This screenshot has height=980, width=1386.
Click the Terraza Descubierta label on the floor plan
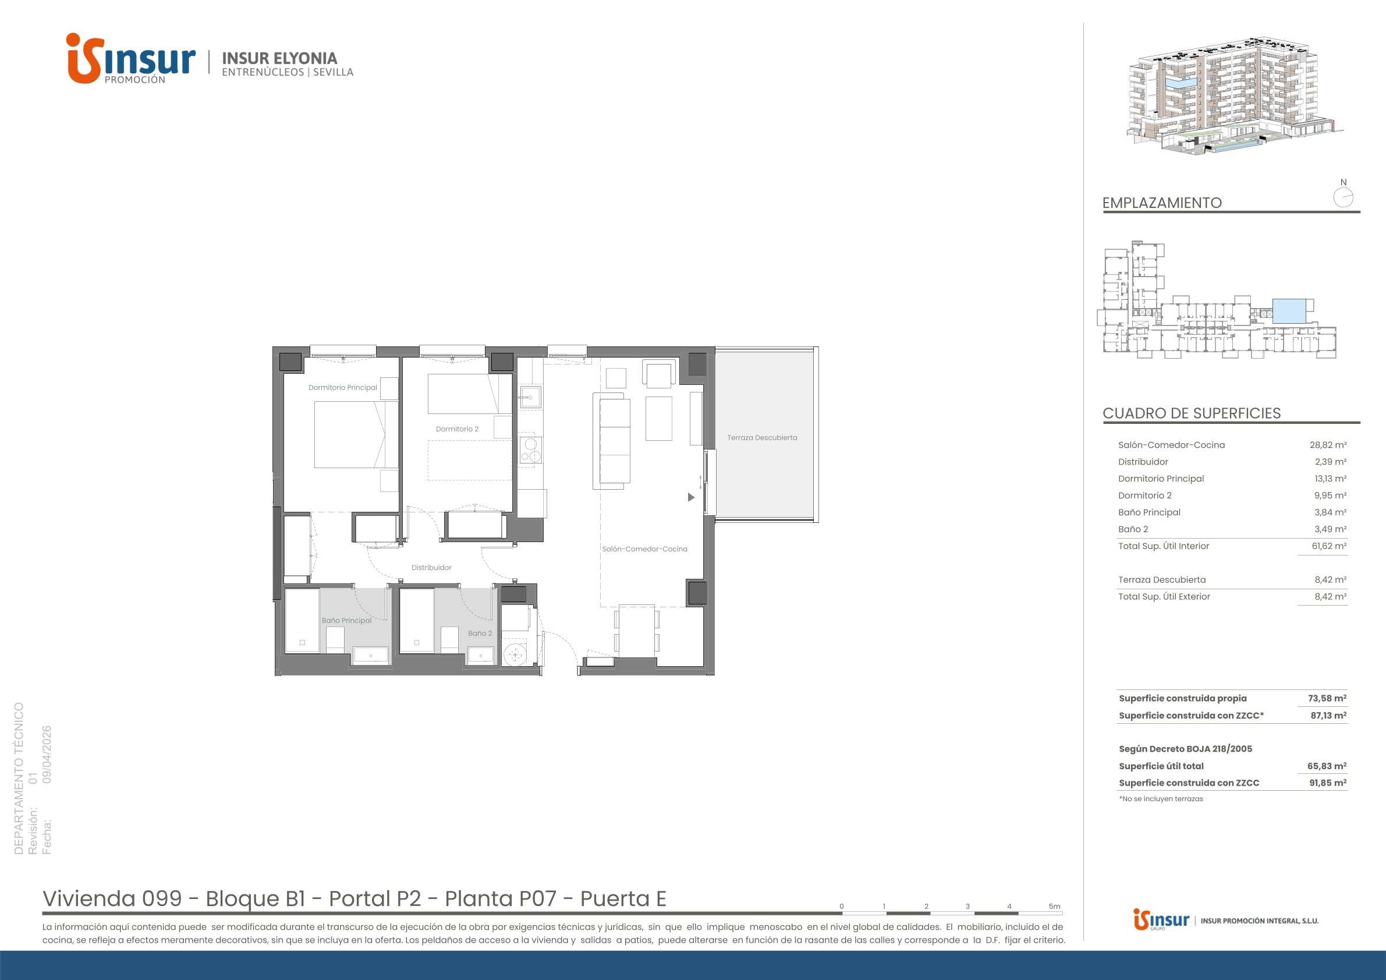[x=762, y=438]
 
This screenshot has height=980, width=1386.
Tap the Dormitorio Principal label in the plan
[x=343, y=388]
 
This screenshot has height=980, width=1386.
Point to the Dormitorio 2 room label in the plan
[x=457, y=429]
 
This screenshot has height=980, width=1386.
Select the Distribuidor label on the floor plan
[x=431, y=568]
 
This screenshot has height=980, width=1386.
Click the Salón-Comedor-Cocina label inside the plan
[x=644, y=549]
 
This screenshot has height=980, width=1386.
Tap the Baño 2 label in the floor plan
[x=480, y=634]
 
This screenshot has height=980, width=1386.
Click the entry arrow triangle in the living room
[x=691, y=497]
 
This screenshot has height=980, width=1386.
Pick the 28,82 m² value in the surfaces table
[x=1328, y=445]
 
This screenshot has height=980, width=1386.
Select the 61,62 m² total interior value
[x=1328, y=546]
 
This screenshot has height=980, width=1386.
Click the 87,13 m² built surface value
[x=1328, y=715]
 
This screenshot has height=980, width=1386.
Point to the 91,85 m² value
[x=1328, y=783]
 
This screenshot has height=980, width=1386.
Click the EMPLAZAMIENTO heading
[x=1162, y=203]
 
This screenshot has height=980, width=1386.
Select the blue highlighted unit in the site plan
[x=1289, y=310]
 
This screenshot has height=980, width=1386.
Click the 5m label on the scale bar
[x=1054, y=906]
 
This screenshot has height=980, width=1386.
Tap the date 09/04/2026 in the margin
[x=47, y=754]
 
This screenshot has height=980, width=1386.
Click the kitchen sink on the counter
[x=531, y=398]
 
